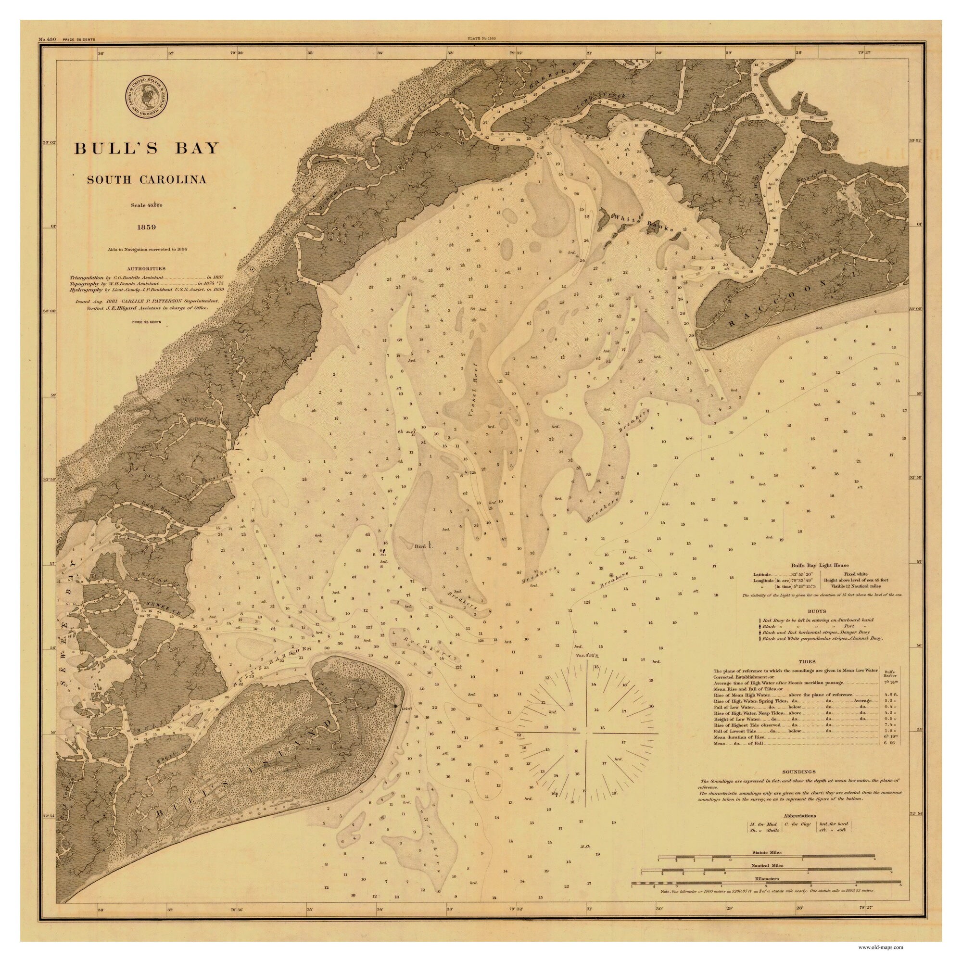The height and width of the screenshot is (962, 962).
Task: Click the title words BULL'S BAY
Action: (147, 148)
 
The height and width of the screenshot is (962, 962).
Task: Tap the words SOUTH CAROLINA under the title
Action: (147, 180)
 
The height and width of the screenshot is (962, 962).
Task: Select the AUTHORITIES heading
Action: (146, 268)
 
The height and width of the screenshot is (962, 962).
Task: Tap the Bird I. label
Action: (424, 546)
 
